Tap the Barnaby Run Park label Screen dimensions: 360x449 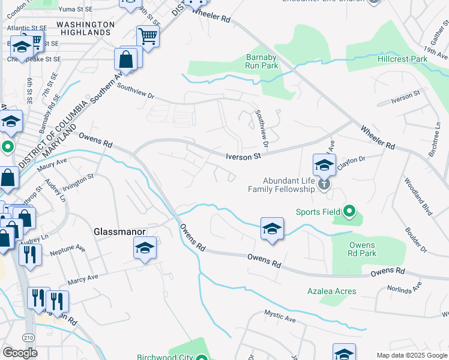point(262,61)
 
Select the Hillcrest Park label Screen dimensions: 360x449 point(403,59)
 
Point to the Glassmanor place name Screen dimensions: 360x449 point(118,231)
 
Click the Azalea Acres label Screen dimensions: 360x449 point(332,291)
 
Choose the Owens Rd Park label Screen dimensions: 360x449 point(362,249)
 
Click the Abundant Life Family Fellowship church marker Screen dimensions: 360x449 point(324,184)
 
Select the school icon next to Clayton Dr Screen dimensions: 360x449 point(324,164)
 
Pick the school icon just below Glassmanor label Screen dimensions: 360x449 point(145,248)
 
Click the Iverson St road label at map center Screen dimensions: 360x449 point(244,157)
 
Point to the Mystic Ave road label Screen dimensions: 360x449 point(281,317)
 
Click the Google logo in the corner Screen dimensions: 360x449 point(20,353)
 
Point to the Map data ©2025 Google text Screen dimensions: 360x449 point(412,355)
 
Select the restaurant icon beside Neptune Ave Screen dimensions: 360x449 point(29,253)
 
